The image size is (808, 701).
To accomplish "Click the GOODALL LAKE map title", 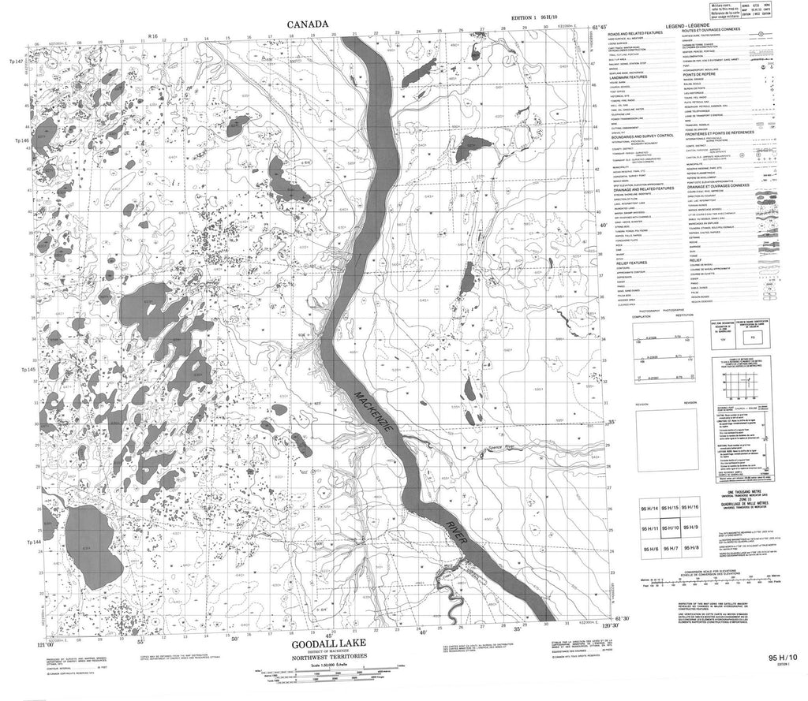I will [314, 644].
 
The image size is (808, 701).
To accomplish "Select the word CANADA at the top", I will [307, 24].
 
